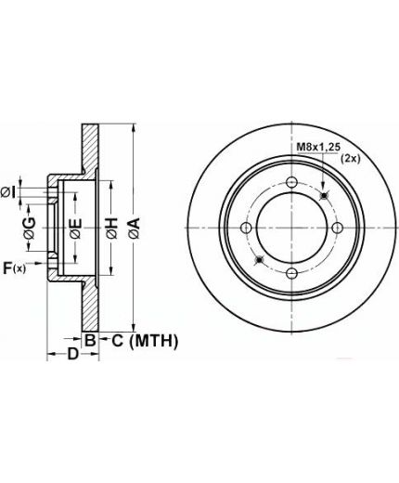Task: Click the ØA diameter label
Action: (135, 228)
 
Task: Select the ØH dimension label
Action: (112, 228)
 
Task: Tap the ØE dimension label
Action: (76, 228)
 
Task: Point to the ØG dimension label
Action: (30, 228)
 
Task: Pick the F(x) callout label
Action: (15, 268)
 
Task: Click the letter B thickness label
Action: (90, 341)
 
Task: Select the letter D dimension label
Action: (73, 354)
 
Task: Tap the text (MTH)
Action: (154, 341)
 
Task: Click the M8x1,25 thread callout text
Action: (318, 147)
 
